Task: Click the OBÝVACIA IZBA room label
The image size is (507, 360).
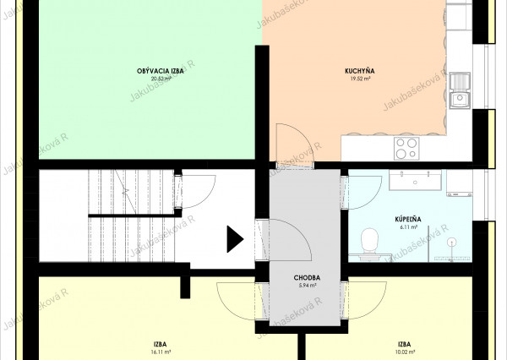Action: pyautogui.click(x=160, y=71)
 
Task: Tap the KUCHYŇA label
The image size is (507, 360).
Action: pyautogui.click(x=360, y=71)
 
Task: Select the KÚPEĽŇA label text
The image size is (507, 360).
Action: pyautogui.click(x=408, y=219)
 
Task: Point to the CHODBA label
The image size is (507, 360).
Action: pyautogui.click(x=307, y=277)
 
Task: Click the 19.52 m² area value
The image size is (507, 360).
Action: pyautogui.click(x=360, y=79)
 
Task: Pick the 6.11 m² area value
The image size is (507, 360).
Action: pyautogui.click(x=408, y=227)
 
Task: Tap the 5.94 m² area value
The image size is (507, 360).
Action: pyautogui.click(x=308, y=286)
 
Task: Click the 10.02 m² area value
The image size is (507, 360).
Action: pyautogui.click(x=406, y=352)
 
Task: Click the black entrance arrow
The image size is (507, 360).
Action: pyautogui.click(x=234, y=239)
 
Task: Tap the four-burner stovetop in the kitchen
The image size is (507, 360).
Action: pyautogui.click(x=406, y=148)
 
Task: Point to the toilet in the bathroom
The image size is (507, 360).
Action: pyautogui.click(x=369, y=241)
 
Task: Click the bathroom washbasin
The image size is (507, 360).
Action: pyautogui.click(x=415, y=180)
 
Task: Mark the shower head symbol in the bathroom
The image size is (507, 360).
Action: pyautogui.click(x=451, y=242)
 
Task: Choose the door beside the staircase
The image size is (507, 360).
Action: pyautogui.click(x=195, y=192)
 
